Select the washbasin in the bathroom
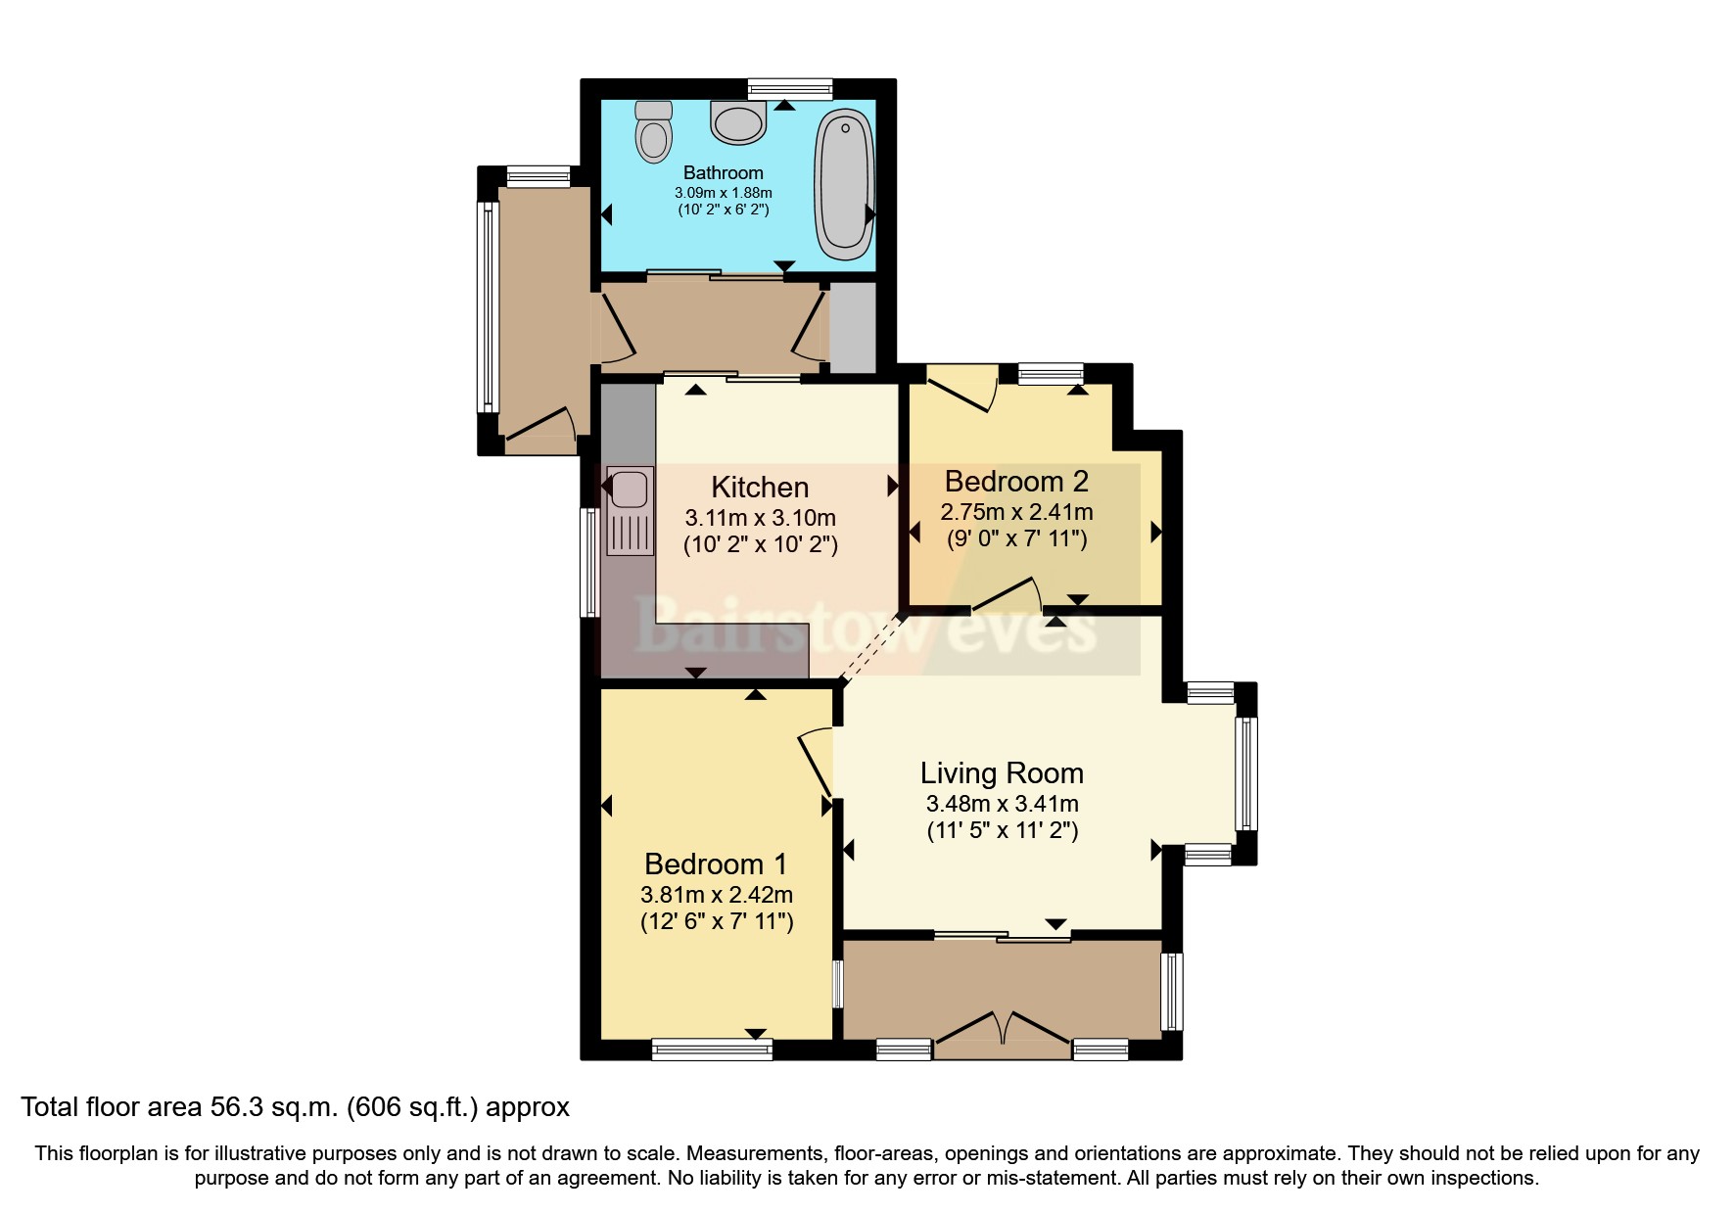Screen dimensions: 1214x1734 [737, 122]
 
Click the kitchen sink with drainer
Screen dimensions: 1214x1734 [630, 511]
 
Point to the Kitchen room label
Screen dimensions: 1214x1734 [759, 487]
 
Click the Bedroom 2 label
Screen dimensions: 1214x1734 [1015, 481]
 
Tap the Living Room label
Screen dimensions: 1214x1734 [1001, 772]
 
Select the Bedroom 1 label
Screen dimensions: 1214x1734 [715, 864]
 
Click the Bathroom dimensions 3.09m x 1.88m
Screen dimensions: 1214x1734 [723, 193]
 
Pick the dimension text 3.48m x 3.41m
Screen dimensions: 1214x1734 [1002, 804]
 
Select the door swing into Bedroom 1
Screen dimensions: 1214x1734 [816, 762]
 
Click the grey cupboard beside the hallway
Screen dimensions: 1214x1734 [853, 327]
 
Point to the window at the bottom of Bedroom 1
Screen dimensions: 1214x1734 [712, 1050]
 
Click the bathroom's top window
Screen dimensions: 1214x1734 [789, 89]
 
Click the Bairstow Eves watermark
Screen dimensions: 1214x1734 [867, 627]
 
